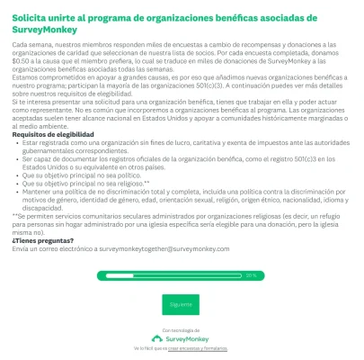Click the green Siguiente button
click(x=181, y=304)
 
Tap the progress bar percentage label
click(x=251, y=275)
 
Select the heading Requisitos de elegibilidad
click(x=50, y=134)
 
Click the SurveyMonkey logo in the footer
click(x=182, y=338)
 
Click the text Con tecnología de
click(x=182, y=330)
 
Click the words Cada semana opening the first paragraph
click(x=27, y=44)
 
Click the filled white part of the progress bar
click(x=171, y=275)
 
